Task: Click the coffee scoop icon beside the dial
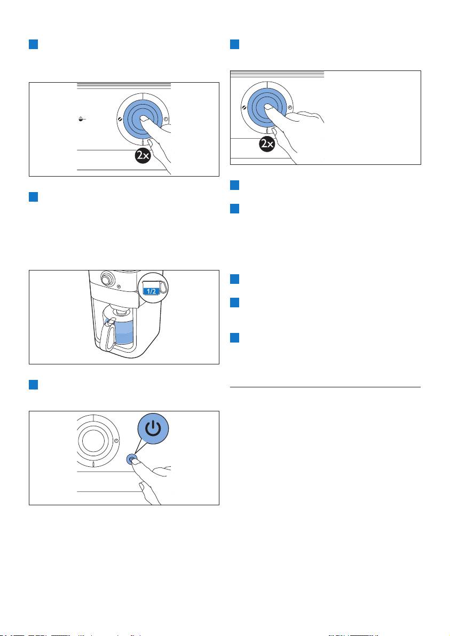click(x=82, y=120)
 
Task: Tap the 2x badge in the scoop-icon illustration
click(x=143, y=156)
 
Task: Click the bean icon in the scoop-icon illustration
click(x=119, y=120)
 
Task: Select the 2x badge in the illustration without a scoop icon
click(x=267, y=144)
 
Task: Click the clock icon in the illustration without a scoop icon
click(x=290, y=108)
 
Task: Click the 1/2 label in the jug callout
click(x=151, y=291)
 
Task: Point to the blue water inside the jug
click(x=124, y=332)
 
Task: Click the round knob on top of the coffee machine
click(x=107, y=279)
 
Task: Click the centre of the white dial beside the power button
click(x=93, y=441)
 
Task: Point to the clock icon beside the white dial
click(x=116, y=441)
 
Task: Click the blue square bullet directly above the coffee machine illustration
click(x=34, y=197)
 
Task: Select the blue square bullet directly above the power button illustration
click(x=34, y=385)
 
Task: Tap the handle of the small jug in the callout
click(x=163, y=287)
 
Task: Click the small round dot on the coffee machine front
click(x=119, y=287)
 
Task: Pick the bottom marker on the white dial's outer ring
click(x=94, y=464)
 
